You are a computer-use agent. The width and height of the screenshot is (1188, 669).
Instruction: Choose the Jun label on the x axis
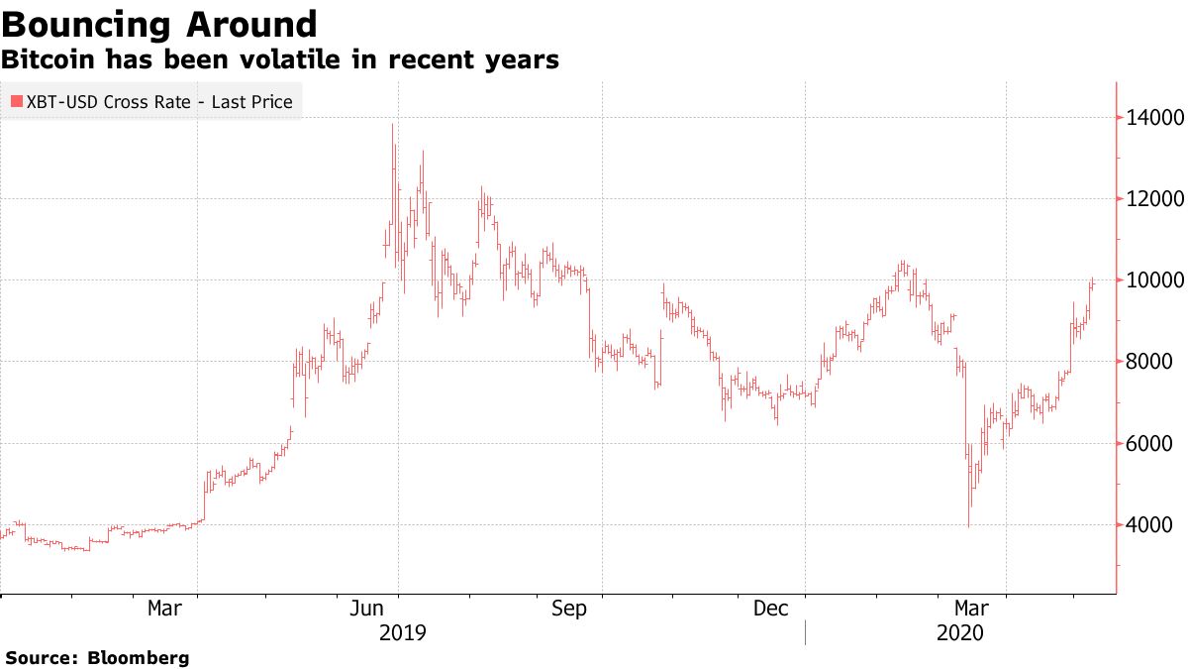click(368, 609)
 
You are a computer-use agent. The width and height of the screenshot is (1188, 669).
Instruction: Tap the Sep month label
click(570, 609)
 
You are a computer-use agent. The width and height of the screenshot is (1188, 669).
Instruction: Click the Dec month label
click(772, 609)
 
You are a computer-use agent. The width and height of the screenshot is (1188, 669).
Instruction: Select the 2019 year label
click(402, 632)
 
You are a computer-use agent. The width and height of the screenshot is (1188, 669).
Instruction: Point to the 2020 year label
click(958, 632)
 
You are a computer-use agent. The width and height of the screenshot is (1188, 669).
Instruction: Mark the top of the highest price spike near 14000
click(393, 125)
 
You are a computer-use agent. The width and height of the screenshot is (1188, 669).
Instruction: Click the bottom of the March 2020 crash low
click(967, 526)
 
